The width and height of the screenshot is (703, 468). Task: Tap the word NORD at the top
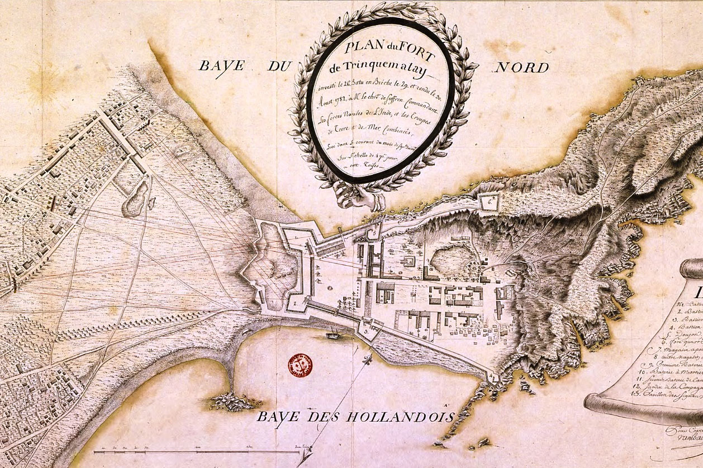point(521,68)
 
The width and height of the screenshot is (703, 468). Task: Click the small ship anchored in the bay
point(333,336)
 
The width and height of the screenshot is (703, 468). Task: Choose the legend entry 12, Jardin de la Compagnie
point(673,402)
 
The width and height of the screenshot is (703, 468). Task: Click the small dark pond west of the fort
point(137,200)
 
